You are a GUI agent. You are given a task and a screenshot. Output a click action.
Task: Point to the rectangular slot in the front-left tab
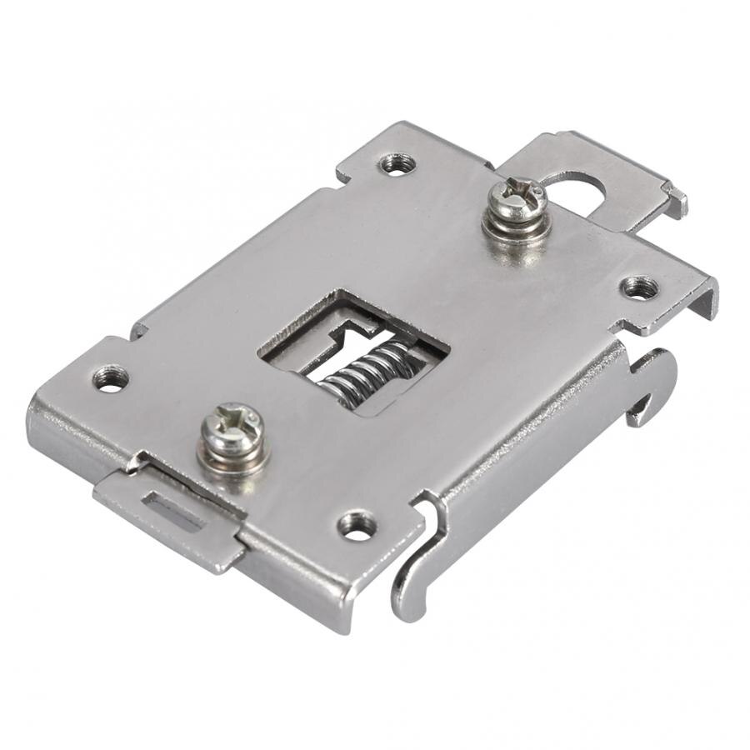point(175,512)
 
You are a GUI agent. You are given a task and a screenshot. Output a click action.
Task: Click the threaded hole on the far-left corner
point(111,379)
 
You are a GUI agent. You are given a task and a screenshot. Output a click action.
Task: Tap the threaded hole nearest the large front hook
point(358,525)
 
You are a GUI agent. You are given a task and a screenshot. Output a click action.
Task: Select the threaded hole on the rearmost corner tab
point(397,162)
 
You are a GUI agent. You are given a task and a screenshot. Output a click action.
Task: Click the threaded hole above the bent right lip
point(639,288)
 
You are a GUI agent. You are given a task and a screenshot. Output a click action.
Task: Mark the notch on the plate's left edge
point(140,329)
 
